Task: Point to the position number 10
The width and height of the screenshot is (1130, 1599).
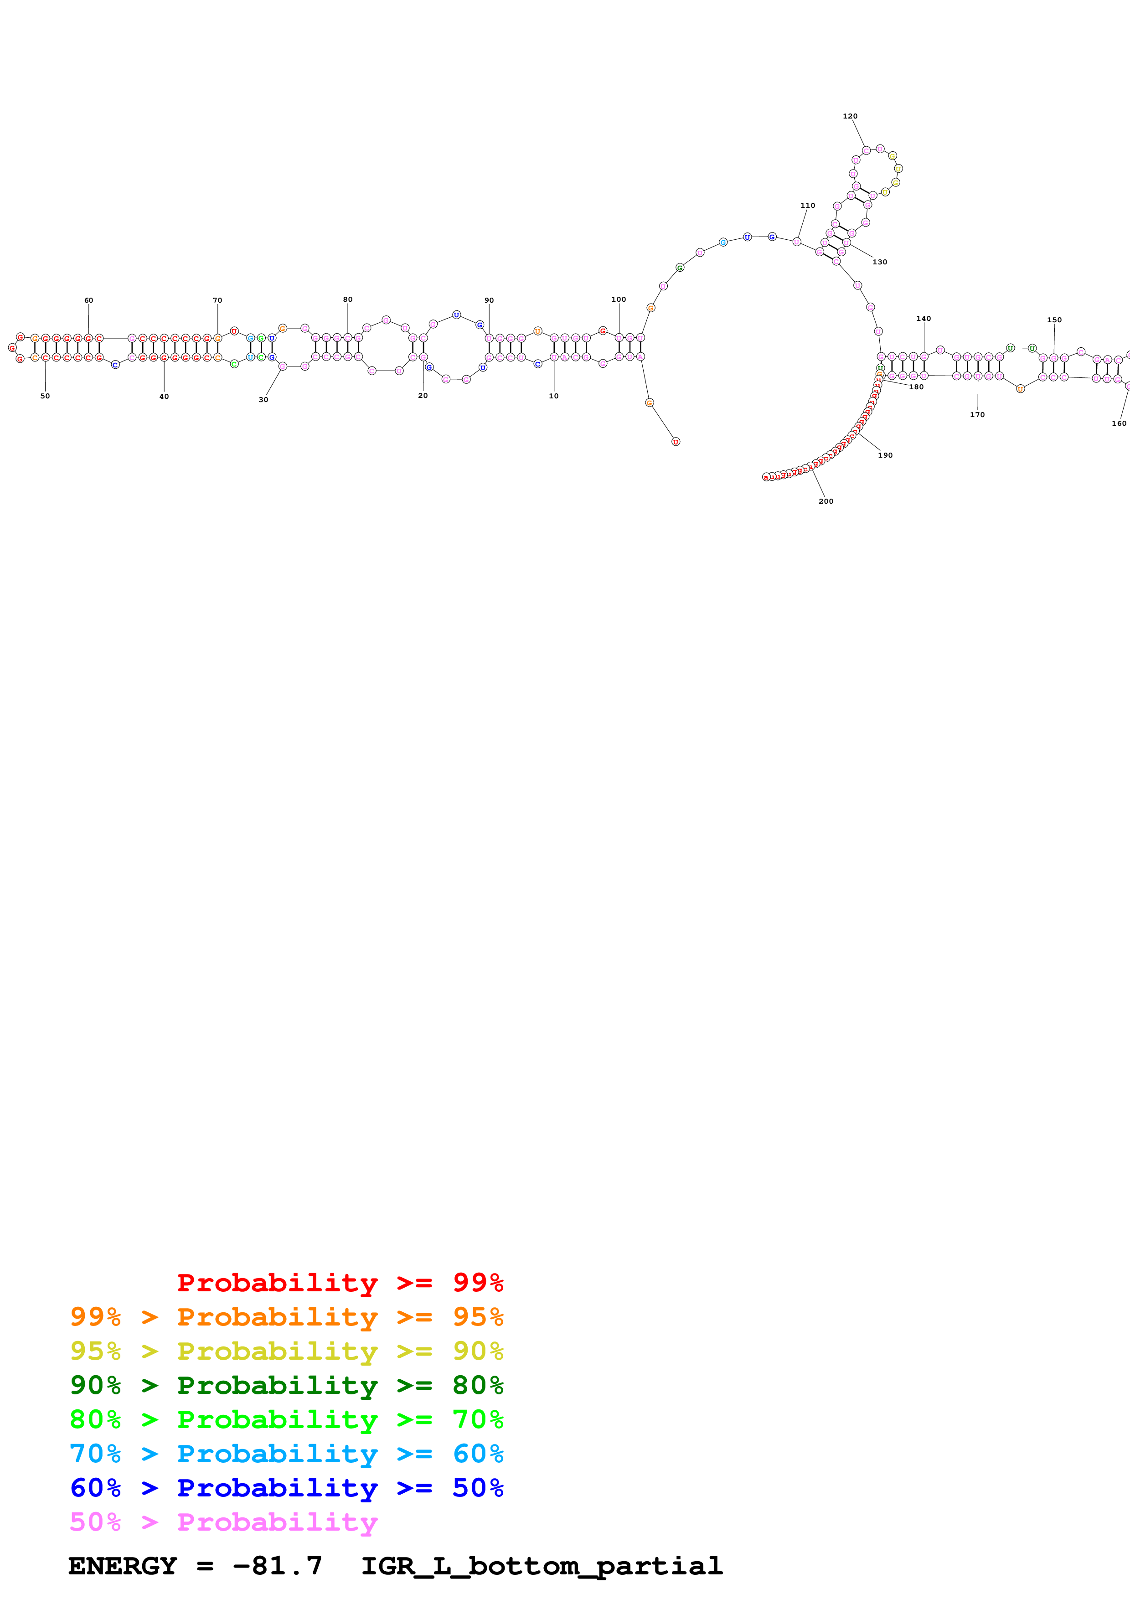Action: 553,396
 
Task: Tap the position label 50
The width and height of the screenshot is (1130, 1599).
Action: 45,396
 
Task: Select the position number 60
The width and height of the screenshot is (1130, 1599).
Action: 88,300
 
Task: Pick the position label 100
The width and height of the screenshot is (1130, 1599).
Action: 618,299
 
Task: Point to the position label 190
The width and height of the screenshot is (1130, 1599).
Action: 885,455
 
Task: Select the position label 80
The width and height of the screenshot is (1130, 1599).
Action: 347,299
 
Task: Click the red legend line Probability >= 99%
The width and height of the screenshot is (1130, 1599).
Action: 340,1282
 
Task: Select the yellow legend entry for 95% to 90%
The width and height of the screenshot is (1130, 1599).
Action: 286,1351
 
